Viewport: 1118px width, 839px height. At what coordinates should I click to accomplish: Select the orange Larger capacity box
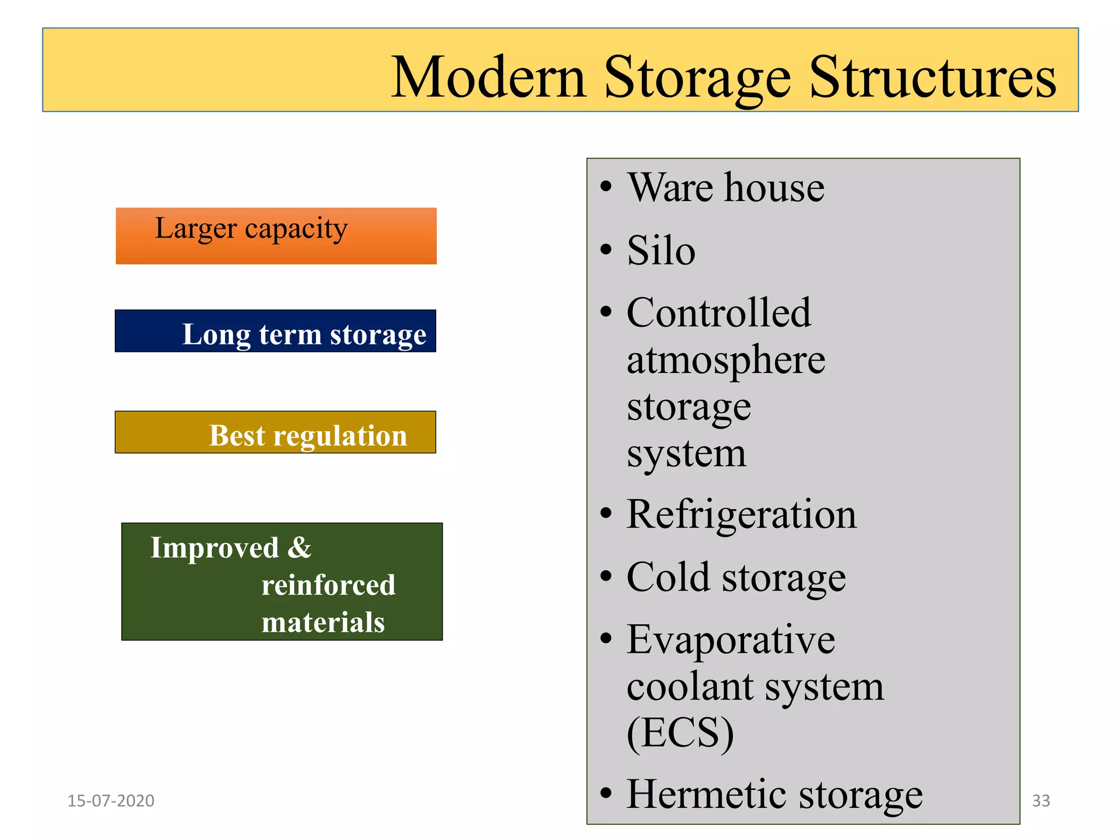[276, 235]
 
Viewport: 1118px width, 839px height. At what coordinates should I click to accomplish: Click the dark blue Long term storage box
[275, 331]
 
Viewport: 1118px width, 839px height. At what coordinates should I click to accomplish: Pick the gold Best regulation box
[275, 432]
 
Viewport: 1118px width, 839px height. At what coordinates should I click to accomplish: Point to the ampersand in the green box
[300, 547]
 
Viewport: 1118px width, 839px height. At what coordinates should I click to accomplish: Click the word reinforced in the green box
[328, 585]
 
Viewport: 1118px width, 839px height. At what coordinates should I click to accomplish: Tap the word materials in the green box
[323, 622]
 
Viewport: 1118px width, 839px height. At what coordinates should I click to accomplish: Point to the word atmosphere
[726, 360]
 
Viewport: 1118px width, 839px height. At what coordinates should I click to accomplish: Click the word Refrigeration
[741, 515]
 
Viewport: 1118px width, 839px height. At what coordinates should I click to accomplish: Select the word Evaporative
[731, 640]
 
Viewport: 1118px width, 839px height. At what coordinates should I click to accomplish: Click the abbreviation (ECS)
[680, 732]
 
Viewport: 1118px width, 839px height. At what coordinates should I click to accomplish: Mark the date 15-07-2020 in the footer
[111, 801]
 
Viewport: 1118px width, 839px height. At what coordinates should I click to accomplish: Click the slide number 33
[1041, 801]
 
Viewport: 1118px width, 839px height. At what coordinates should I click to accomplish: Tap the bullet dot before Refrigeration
[606, 513]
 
